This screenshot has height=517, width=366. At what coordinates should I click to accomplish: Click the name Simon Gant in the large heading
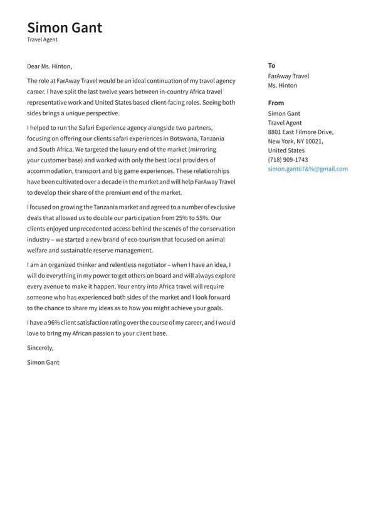65,28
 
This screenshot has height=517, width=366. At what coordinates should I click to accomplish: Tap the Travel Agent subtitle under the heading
42,39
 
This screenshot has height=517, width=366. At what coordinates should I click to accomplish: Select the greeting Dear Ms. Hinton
50,66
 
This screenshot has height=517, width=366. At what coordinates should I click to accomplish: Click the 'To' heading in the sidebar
271,66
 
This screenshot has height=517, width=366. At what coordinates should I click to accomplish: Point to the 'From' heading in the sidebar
276,103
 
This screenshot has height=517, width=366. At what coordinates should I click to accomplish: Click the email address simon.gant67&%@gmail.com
307,169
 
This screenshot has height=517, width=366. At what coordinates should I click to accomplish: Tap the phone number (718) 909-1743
288,160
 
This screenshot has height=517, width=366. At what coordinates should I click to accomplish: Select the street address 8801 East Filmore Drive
300,132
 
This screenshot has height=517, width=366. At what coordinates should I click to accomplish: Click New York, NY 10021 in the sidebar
295,142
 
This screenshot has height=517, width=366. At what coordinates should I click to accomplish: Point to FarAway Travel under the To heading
288,76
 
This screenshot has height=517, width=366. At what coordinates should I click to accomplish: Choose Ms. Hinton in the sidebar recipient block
283,86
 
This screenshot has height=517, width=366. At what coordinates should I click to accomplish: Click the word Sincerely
40,348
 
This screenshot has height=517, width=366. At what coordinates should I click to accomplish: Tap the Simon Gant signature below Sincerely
43,362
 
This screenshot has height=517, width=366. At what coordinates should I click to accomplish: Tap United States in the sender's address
286,150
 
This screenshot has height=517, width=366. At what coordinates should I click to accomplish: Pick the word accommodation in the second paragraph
51,171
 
